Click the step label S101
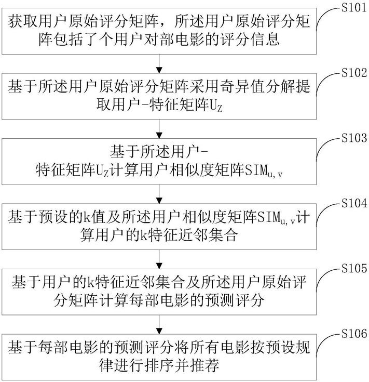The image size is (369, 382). [x=354, y=8]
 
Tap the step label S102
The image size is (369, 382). [x=354, y=73]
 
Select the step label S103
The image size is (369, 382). [x=354, y=138]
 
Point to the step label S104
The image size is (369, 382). [x=354, y=203]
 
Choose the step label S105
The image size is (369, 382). [x=354, y=269]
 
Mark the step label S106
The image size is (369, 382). [x=354, y=334]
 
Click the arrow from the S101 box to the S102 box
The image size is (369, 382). [x=159, y=63]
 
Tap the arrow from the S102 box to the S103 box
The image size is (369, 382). [x=159, y=129]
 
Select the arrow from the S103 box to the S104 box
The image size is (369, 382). [x=159, y=194]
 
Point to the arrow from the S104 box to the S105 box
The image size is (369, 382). [x=159, y=259]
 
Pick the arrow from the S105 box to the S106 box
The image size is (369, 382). [x=159, y=324]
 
